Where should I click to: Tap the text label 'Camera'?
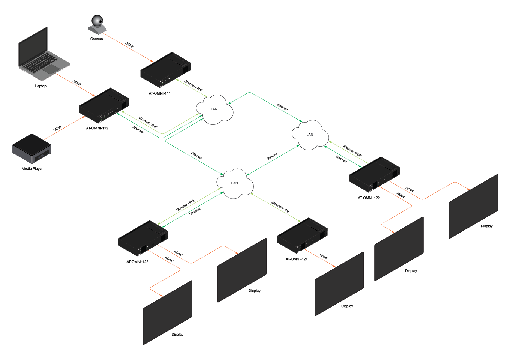tap(96, 39)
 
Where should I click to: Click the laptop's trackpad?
tap(51, 69)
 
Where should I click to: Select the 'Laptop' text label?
tap(41, 86)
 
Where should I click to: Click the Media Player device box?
tap(31, 149)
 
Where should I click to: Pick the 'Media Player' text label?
tap(32, 169)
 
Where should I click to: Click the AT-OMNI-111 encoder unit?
tap(165, 70)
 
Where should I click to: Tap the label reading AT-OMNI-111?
tap(160, 93)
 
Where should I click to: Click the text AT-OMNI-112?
tap(97, 128)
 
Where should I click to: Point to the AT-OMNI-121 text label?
tap(297, 259)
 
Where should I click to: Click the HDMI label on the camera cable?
tap(129, 45)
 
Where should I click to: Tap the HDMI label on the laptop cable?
tap(77, 82)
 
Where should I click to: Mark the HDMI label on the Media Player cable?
tap(57, 128)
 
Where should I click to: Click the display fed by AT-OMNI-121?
tap(339, 284)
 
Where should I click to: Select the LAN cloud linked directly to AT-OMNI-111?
tap(214, 109)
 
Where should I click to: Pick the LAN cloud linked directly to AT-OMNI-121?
tap(235, 183)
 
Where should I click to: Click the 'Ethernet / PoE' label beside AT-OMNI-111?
tap(194, 86)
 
